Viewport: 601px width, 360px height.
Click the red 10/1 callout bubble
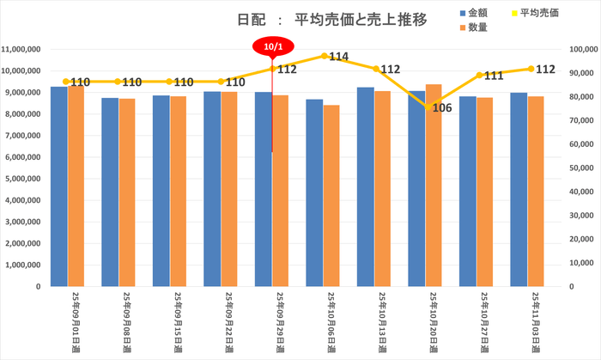[272, 46]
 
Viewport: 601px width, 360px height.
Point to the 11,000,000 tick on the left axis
[23, 50]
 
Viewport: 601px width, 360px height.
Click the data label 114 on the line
[338, 58]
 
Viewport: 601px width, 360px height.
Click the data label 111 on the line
[493, 76]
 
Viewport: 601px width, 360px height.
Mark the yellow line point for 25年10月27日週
[478, 76]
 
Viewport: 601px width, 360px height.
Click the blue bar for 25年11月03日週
[519, 189]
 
